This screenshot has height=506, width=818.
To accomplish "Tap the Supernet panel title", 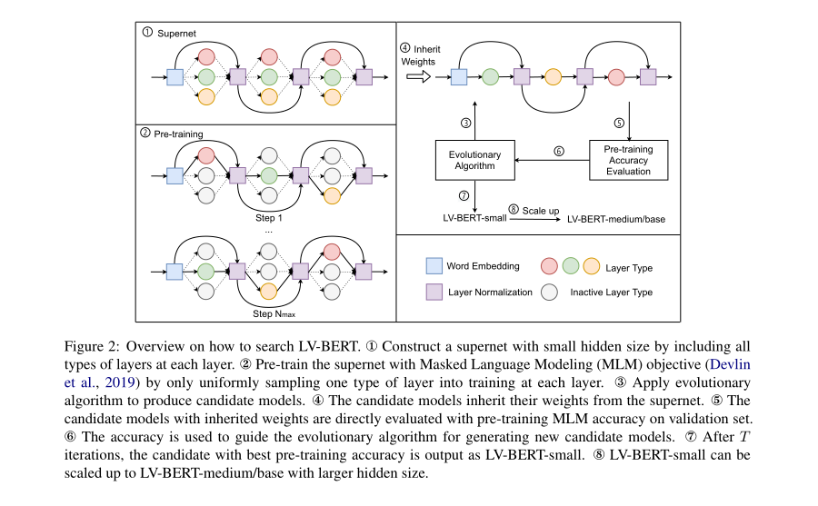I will pos(173,33).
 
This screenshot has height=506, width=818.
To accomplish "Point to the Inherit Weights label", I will pos(421,54).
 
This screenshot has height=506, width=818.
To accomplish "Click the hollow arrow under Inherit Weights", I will pos(419,77).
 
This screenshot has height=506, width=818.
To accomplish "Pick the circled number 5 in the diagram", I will pos(620,123).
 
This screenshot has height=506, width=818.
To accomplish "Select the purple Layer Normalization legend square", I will pos(434,293).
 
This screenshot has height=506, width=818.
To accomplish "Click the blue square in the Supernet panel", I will pos(175,77).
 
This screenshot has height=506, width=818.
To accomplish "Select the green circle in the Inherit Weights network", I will pos(491,77).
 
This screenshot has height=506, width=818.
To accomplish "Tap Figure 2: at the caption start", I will pos(92,347).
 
